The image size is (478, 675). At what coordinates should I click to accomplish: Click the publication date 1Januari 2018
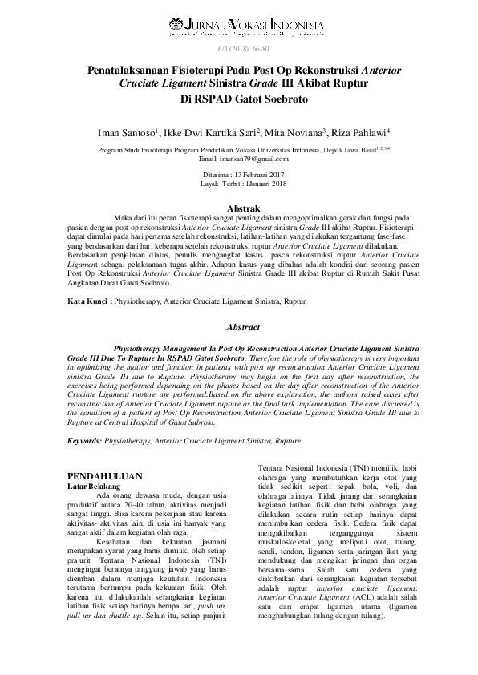pos(261,183)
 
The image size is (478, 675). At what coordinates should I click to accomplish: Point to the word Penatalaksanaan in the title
pos(133,71)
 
